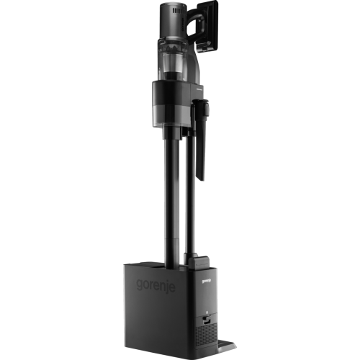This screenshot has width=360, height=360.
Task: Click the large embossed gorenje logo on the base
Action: point(156,285)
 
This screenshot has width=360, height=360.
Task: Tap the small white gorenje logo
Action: point(207,280)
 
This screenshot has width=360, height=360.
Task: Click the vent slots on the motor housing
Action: point(176,10)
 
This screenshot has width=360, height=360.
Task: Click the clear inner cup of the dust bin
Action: point(172,63)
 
